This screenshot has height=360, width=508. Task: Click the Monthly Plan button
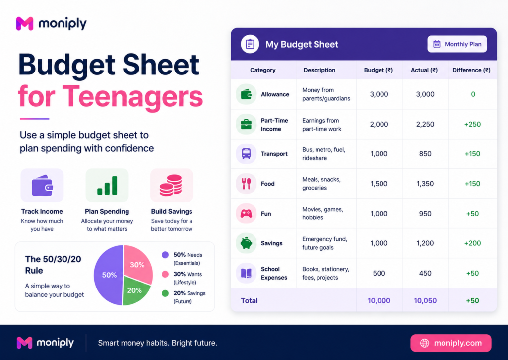(x=457, y=44)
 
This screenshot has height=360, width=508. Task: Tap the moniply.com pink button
(x=450, y=343)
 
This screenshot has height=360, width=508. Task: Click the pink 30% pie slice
(x=138, y=263)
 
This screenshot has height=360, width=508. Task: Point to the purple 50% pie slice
(x=109, y=275)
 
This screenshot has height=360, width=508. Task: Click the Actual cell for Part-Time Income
(x=425, y=124)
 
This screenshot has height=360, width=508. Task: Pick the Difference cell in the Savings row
(x=472, y=243)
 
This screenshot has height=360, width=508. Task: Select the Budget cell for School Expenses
(x=379, y=273)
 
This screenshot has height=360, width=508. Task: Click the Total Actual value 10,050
(x=425, y=300)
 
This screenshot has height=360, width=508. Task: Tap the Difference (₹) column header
(x=471, y=70)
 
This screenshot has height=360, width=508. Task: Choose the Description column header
(x=319, y=70)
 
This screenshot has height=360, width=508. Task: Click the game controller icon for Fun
(x=246, y=214)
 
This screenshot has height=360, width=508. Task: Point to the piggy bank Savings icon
(x=246, y=243)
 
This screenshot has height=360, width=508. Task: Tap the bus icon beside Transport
(x=246, y=154)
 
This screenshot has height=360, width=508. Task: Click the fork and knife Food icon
(x=246, y=184)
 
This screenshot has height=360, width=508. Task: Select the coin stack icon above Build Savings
(x=171, y=185)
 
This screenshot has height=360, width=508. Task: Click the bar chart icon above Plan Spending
(x=107, y=185)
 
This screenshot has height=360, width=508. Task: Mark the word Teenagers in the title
(x=132, y=96)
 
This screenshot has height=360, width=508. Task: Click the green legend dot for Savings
(x=165, y=293)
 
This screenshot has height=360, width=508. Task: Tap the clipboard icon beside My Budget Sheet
(x=250, y=44)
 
